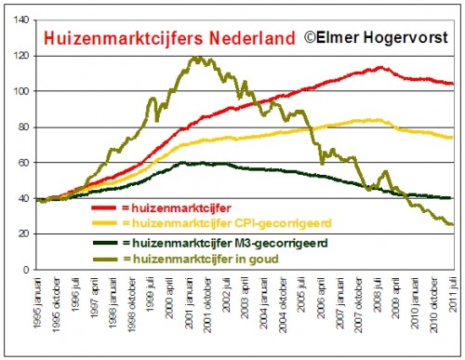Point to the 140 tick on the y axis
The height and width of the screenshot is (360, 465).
pyautogui.click(x=20, y=20)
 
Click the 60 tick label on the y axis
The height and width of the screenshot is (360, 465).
pyautogui.click(x=22, y=163)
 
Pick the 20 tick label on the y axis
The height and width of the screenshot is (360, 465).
pyautogui.click(x=22, y=234)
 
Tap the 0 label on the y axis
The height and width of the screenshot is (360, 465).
pyautogui.click(x=25, y=270)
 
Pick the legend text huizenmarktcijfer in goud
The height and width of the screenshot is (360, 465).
pyautogui.click(x=193, y=257)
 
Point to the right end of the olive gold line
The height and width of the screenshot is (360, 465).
pyautogui.click(x=452, y=224)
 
